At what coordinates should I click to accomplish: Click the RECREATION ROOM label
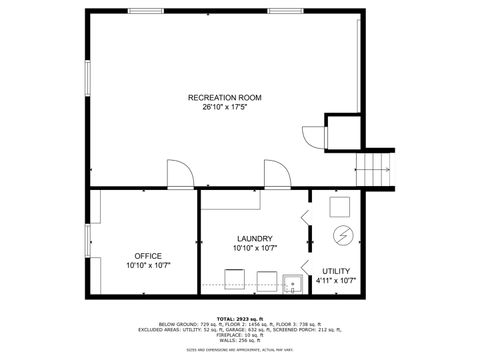coord(224,97)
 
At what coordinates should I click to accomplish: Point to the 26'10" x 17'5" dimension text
coord(224,107)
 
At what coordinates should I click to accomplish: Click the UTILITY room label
coord(336,271)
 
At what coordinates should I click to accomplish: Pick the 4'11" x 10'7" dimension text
coord(336,281)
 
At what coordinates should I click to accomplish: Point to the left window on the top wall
coord(148,11)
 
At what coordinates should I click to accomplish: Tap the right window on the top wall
coord(286,11)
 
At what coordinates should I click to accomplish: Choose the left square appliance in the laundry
coord(235,279)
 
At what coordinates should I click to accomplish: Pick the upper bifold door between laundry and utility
coord(305,218)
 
